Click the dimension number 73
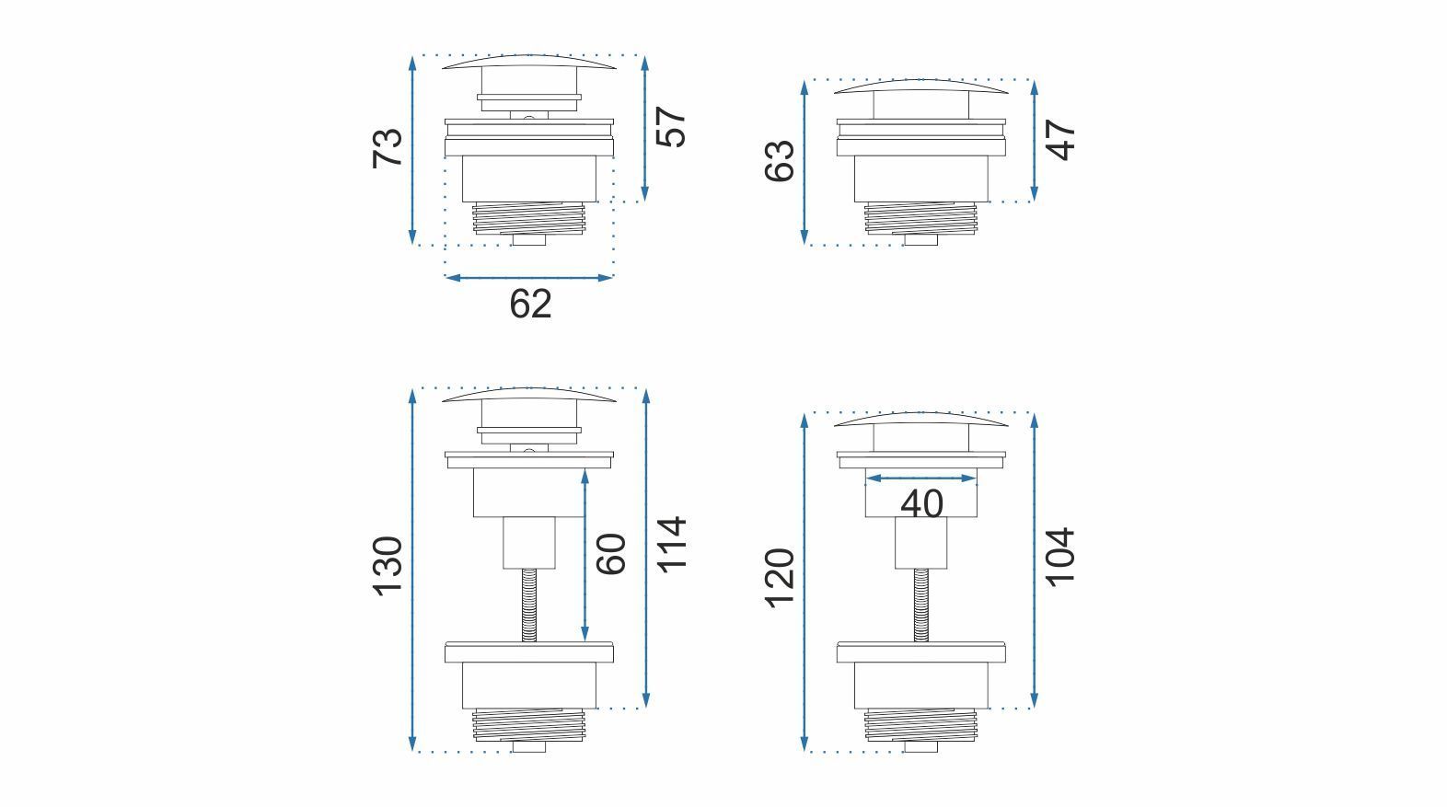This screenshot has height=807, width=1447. [x=388, y=147]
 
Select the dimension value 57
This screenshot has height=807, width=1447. [x=671, y=127]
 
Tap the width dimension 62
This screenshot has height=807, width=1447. [x=530, y=304]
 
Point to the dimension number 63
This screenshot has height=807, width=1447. [x=780, y=161]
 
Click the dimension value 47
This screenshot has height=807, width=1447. [x=1062, y=140]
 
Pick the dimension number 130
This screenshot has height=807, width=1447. [x=388, y=565]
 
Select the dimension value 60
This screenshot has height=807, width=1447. [x=611, y=553]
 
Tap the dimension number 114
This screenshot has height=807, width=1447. [x=671, y=544]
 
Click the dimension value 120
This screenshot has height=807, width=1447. [x=780, y=578]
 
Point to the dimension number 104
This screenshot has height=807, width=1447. [x=1060, y=555]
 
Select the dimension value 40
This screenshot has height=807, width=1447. [x=921, y=503]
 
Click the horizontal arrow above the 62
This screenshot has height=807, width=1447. [x=528, y=277]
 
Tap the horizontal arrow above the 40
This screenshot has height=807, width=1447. [x=921, y=478]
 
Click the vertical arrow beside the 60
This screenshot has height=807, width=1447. [x=585, y=556]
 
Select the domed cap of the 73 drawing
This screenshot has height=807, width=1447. [x=529, y=62]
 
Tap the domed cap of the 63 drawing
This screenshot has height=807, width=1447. [x=921, y=86]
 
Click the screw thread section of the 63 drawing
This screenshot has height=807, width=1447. [x=921, y=215]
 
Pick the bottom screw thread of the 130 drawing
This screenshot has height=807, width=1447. [x=529, y=723]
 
